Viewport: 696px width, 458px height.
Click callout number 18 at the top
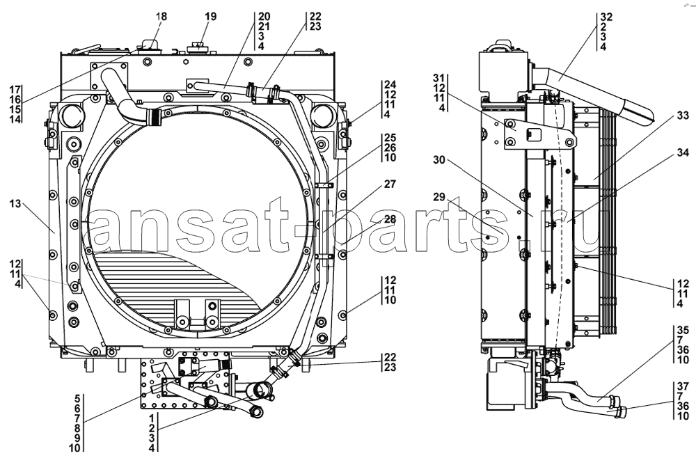(161, 17)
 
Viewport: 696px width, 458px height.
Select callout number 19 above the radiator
(210, 17)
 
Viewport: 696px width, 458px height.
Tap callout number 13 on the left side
(15, 204)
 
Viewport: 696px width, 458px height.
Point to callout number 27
(390, 184)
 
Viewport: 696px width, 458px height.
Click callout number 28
(390, 219)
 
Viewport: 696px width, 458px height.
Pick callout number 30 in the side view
(438, 160)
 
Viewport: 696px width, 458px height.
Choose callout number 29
(438, 196)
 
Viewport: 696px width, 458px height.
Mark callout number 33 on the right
(683, 116)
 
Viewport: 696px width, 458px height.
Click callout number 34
(683, 152)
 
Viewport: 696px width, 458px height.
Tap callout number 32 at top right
(606, 17)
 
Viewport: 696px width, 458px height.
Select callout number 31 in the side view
(438, 78)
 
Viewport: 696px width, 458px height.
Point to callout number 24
(390, 84)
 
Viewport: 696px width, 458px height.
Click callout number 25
(390, 138)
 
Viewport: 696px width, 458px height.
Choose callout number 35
(683, 330)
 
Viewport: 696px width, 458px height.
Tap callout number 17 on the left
(15, 89)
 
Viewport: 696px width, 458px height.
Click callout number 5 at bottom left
(77, 398)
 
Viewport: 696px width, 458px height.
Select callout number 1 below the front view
(152, 418)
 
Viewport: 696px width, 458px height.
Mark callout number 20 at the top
(264, 17)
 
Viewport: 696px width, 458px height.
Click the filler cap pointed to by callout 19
(198, 47)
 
